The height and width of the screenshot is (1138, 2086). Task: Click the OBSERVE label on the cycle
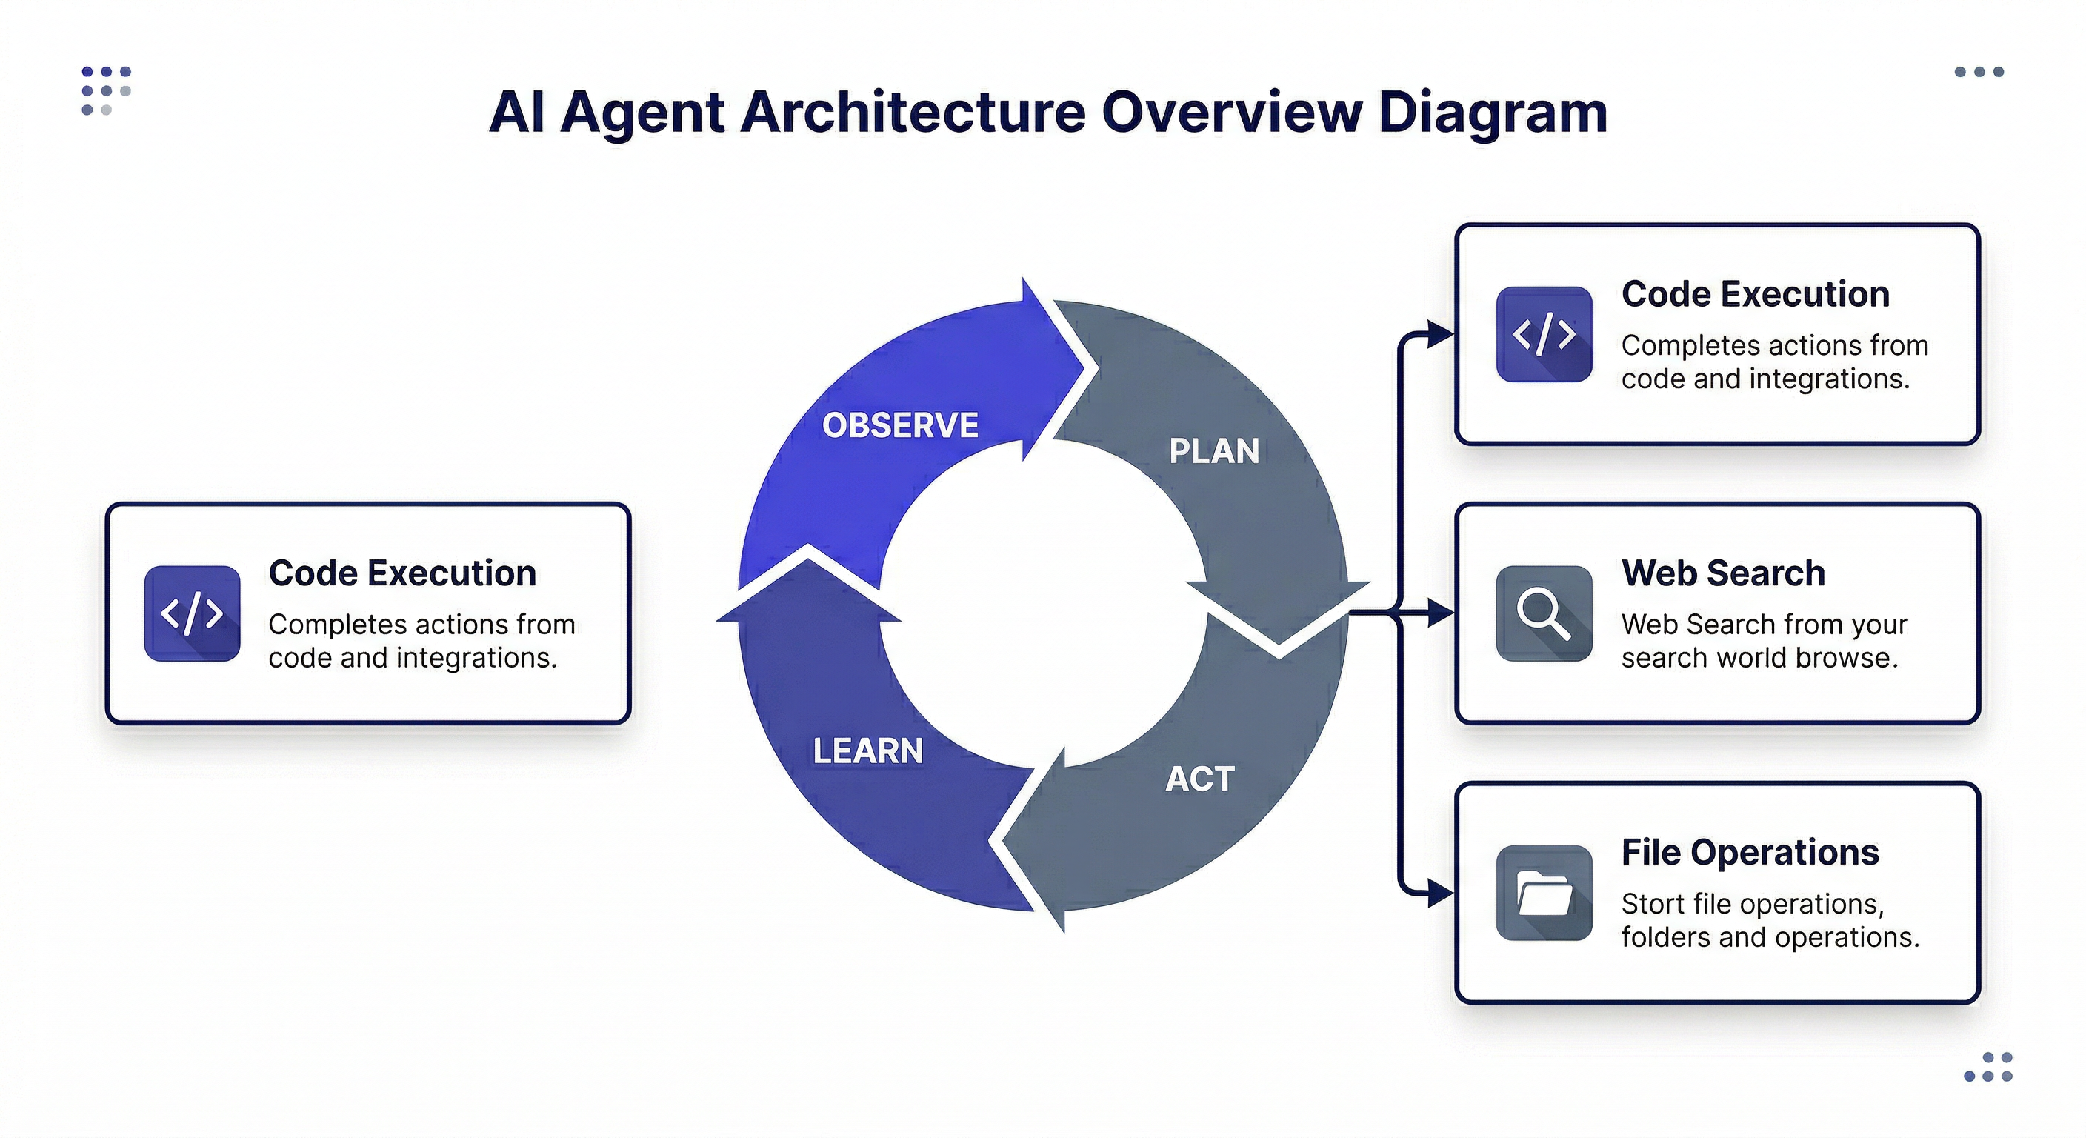[900, 425]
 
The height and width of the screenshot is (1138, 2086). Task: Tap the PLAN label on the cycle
[1214, 451]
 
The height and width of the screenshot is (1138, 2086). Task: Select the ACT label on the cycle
[1199, 779]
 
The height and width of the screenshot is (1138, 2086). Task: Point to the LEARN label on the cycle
[867, 751]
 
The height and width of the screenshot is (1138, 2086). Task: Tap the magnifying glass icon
[1544, 613]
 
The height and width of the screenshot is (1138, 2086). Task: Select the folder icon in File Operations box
[1544, 893]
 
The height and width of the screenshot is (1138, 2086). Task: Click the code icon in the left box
[192, 613]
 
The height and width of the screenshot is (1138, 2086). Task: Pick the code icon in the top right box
[1544, 333]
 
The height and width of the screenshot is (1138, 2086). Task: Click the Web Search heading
[1722, 573]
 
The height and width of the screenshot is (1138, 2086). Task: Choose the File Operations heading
[1749, 852]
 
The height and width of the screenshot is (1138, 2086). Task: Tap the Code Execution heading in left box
[401, 573]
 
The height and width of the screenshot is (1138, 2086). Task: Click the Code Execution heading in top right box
[1755, 294]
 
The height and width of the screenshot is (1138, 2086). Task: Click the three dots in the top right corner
[1979, 72]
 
